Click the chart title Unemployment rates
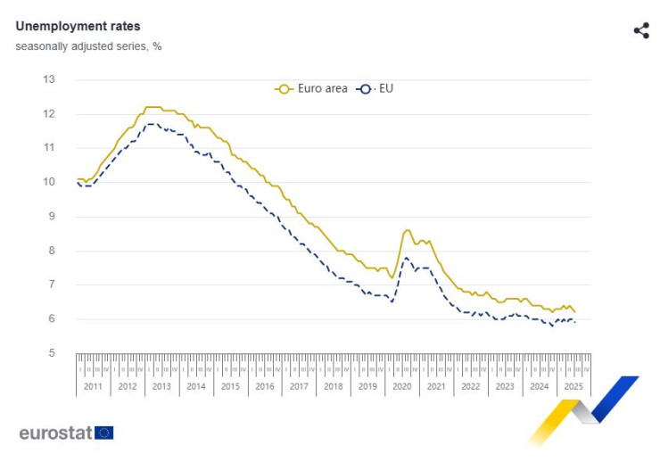click(78, 27)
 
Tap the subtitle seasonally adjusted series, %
click(88, 45)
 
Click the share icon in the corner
click(641, 31)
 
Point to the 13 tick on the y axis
click(49, 79)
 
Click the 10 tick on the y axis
click(49, 182)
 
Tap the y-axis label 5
click(52, 353)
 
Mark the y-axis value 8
click(52, 251)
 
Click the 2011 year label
click(93, 387)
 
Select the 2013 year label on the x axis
click(161, 387)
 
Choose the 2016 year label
click(265, 387)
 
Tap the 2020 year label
click(401, 387)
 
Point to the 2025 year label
click(573, 387)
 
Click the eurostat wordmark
click(55, 433)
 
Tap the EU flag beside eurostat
click(104, 433)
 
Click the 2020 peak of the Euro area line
click(408, 230)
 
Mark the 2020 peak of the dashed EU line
click(406, 258)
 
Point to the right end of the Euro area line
click(575, 312)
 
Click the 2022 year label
click(470, 387)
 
